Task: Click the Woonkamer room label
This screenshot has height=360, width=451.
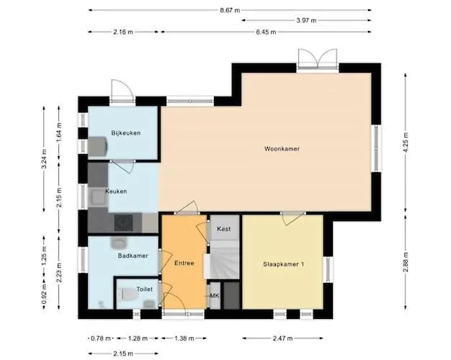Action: [282, 149]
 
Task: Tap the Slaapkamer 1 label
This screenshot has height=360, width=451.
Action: [283, 264]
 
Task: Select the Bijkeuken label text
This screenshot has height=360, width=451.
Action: [125, 132]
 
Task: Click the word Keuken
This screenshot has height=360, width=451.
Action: [116, 192]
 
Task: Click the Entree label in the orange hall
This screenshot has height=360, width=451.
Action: [184, 264]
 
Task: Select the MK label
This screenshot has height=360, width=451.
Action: [214, 296]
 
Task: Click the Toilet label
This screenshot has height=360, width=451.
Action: [144, 289]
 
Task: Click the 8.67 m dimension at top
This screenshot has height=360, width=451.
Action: [231, 10]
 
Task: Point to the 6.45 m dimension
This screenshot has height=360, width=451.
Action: [266, 32]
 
